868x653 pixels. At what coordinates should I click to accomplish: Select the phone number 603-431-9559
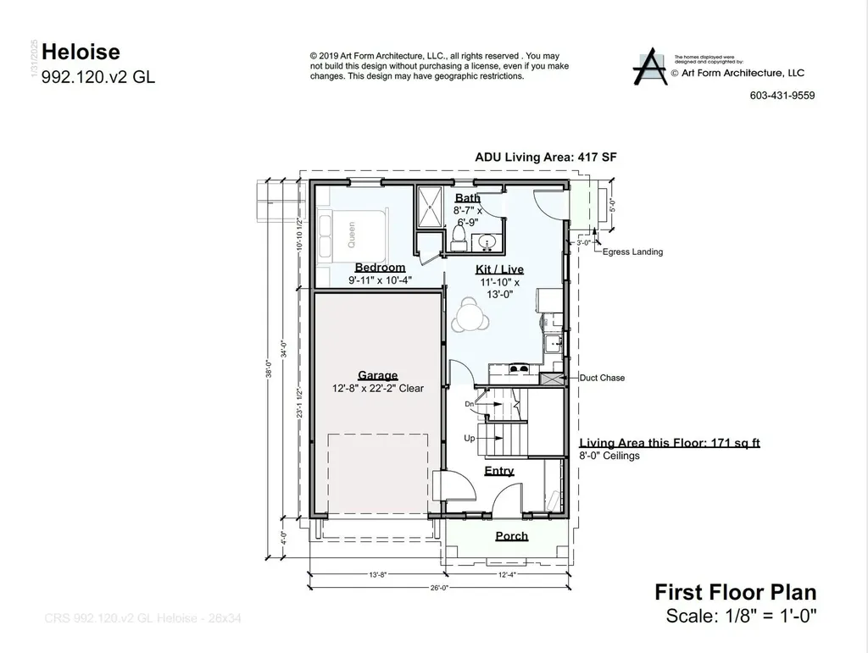(782, 96)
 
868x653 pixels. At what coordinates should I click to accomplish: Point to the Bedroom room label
(380, 268)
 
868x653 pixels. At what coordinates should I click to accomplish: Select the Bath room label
(467, 198)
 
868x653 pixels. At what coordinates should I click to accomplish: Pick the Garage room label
(377, 376)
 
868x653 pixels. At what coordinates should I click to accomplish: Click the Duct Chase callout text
(602, 378)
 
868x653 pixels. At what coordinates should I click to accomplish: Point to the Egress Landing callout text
(632, 252)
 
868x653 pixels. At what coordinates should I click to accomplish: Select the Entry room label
(498, 471)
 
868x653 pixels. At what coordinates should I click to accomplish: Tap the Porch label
(511, 536)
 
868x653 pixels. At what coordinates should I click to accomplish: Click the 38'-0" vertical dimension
(268, 371)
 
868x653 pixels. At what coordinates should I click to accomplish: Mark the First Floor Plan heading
(736, 592)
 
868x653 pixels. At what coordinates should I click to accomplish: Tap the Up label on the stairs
(469, 439)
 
